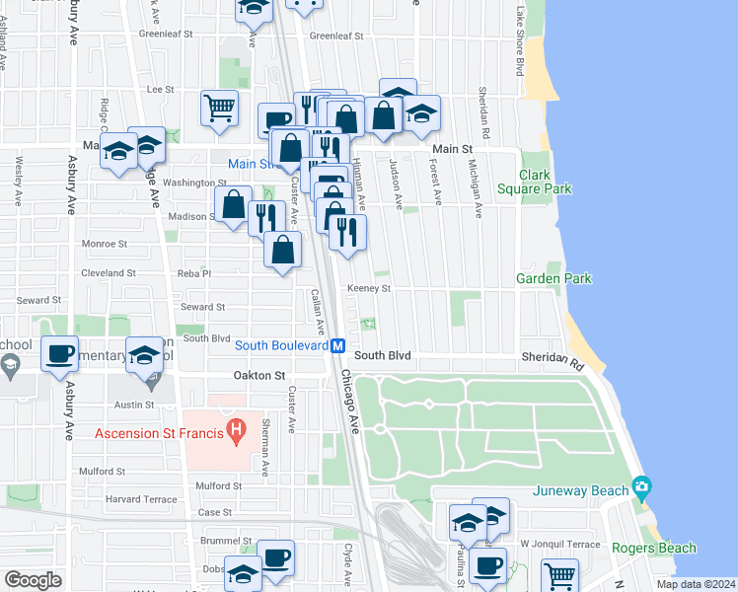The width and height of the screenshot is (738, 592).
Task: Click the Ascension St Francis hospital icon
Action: tap(236, 430)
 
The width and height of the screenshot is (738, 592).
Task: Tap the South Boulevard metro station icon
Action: tap(337, 345)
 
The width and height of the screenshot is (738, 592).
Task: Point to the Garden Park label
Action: tap(553, 279)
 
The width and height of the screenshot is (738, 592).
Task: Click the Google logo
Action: tap(33, 580)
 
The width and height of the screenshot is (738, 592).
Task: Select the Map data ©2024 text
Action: tap(695, 584)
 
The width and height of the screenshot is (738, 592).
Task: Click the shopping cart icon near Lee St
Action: tap(219, 108)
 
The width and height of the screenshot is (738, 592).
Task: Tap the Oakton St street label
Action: tap(258, 376)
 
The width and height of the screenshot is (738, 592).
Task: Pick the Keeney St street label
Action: tap(369, 289)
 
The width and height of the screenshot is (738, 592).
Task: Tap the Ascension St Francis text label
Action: tap(158, 432)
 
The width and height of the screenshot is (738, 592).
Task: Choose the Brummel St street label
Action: tap(229, 542)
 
